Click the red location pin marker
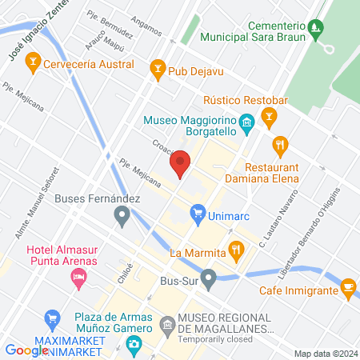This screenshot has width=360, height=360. pos(180,164)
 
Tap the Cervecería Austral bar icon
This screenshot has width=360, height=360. pos(33,59)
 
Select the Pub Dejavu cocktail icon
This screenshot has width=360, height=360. pos(158,70)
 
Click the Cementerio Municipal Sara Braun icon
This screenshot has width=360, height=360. pos(317,30)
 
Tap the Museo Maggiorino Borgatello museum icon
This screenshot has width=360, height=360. pos(247,122)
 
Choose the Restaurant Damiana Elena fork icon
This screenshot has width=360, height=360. pos(280,146)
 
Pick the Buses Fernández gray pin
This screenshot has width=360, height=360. pos(122,214)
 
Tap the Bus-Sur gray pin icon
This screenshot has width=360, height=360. pos(209,280)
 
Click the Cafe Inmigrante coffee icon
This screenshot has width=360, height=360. pos(347,286)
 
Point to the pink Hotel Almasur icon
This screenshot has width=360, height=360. pos(78,278)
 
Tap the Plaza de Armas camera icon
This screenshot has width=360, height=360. pos(134,344)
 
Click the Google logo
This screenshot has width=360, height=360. pos(26,350)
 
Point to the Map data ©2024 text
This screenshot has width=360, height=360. pos(325,354)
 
